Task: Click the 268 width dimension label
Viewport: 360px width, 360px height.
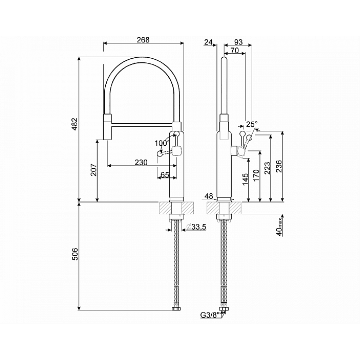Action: tap(143, 40)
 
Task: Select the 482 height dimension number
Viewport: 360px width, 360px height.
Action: tap(75, 124)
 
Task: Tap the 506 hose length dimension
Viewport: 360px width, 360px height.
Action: tap(75, 254)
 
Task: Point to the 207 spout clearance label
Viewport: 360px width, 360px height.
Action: tap(94, 170)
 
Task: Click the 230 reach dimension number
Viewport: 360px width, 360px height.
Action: tap(141, 162)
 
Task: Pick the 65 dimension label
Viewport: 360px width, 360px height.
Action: tap(165, 175)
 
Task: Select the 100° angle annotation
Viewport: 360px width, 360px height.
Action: tap(162, 143)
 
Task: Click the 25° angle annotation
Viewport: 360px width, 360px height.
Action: tap(252, 124)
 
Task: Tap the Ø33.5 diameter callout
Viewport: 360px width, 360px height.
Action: tap(196, 227)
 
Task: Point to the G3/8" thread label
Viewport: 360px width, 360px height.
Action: tap(211, 315)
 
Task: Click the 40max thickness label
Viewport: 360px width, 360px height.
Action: tap(280, 227)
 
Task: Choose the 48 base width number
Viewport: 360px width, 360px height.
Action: tap(209, 196)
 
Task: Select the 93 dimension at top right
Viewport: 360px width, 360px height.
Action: tap(239, 42)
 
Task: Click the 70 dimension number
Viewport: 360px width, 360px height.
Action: tap(234, 50)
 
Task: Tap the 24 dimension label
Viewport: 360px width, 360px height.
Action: tap(208, 42)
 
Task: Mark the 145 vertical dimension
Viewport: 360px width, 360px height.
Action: tap(245, 179)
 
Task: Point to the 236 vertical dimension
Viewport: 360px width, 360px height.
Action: tap(278, 167)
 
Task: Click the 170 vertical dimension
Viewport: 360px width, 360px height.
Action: tap(256, 175)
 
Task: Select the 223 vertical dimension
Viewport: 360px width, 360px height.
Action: tap(267, 168)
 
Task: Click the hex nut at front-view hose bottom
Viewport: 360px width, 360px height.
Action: tap(176, 309)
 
